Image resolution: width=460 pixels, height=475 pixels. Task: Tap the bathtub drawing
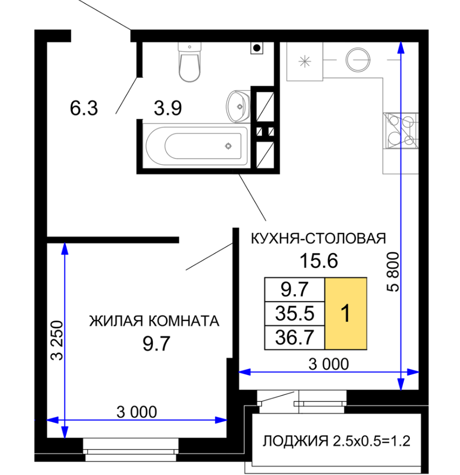point(197,146)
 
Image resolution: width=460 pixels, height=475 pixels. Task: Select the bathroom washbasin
point(239,106)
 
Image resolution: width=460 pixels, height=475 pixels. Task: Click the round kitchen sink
point(358,60)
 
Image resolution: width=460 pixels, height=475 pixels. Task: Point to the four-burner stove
point(401,131)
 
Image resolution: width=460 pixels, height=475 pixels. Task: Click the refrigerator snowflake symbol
point(305,61)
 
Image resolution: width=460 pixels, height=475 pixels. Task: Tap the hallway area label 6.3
point(84,108)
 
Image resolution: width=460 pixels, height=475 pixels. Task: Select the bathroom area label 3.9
point(168,108)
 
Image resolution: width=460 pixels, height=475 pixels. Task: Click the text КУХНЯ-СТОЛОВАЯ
point(319,239)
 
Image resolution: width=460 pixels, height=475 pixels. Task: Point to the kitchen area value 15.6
point(319,261)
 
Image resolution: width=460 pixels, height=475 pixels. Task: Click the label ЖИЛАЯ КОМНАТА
point(154,321)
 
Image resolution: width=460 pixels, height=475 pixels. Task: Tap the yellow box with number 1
point(346,313)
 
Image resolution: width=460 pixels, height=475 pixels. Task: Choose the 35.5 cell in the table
point(295,313)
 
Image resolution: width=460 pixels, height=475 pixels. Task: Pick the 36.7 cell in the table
point(295,338)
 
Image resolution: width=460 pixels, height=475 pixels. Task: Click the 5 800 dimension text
point(393,272)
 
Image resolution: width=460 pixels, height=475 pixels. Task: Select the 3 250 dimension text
point(57,340)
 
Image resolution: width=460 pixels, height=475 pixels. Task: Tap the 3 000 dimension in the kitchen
point(328,364)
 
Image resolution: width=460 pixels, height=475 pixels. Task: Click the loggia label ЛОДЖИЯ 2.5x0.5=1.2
point(337,441)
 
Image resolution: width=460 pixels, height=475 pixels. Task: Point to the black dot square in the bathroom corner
point(257,48)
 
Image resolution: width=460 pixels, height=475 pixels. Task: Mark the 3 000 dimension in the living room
point(137,412)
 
